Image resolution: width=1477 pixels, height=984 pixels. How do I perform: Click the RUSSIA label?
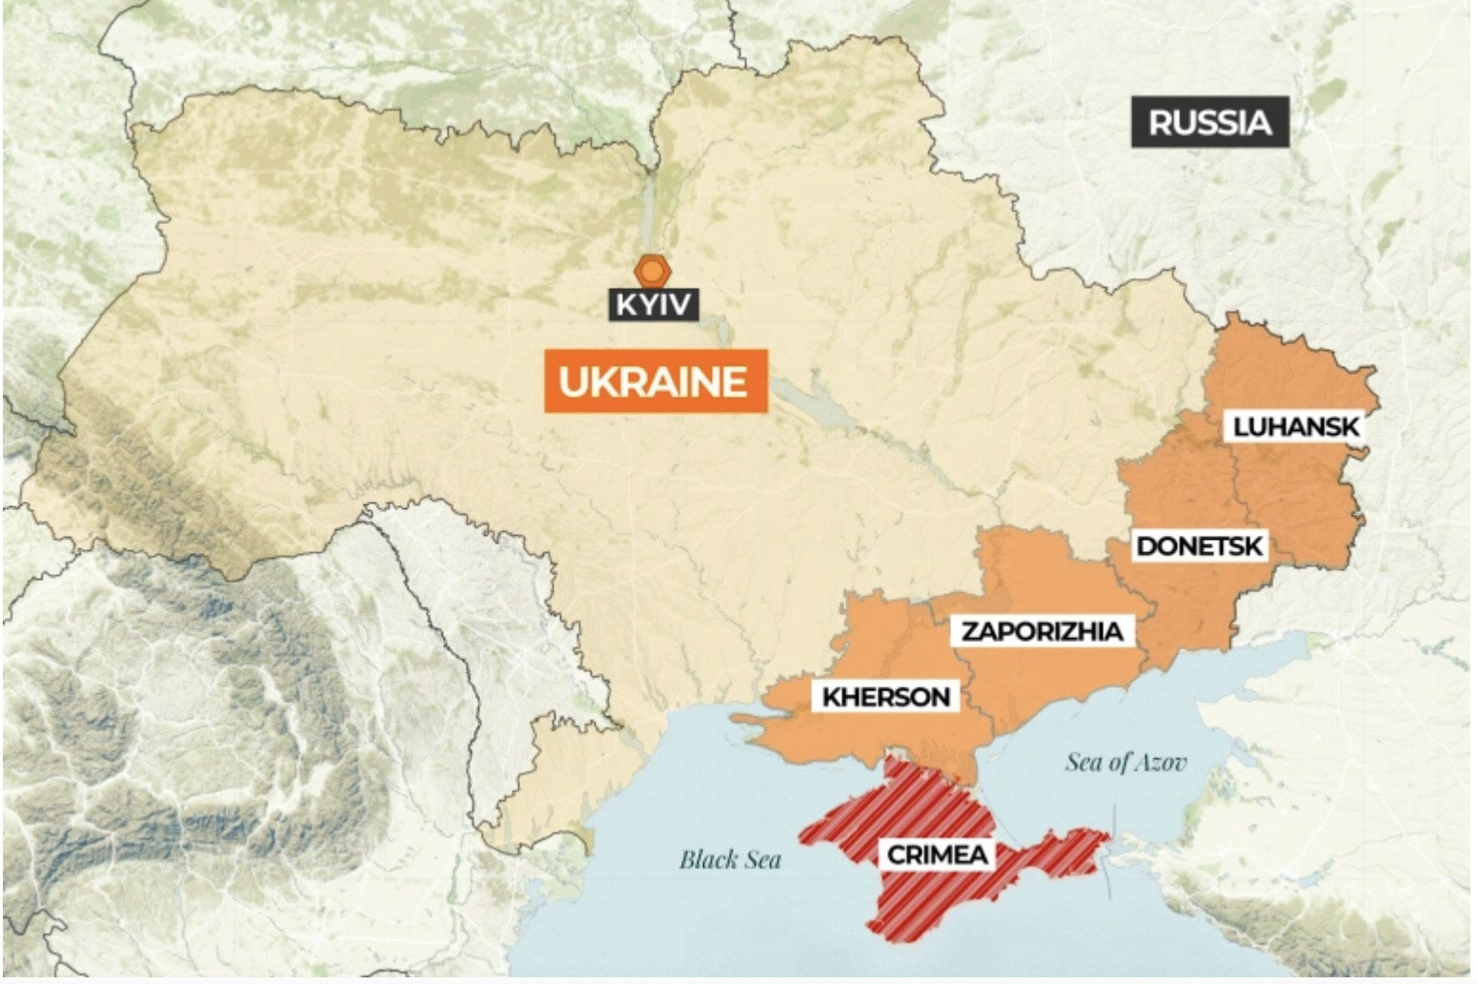[x=1209, y=122]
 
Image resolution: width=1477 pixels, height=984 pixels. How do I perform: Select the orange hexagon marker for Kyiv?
[x=653, y=272]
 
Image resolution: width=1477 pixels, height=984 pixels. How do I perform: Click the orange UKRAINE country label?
[x=656, y=381]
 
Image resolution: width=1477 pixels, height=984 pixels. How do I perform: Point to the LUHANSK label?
[x=1295, y=426]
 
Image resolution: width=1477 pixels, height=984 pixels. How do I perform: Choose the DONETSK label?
[x=1200, y=546]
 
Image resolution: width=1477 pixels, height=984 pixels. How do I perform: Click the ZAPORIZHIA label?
[x=1042, y=631]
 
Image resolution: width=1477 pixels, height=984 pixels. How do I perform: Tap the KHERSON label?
[x=886, y=697]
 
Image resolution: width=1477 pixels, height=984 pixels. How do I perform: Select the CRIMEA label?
[x=937, y=854]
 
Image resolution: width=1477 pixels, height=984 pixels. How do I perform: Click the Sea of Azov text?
[x=1125, y=762]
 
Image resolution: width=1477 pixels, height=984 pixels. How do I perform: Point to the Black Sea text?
[x=730, y=860]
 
